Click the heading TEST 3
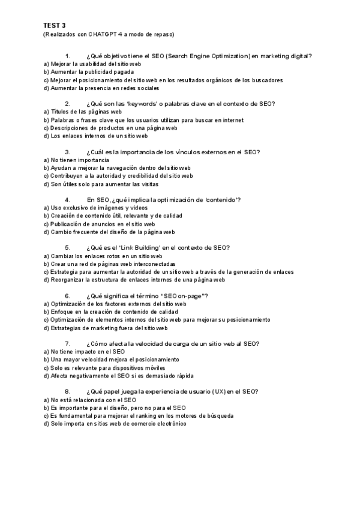pos(55,26)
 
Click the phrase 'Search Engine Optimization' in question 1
pos(209,56)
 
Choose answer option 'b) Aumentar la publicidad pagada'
pos(89,71)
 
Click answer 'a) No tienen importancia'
pos(76,160)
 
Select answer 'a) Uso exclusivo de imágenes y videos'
pos(95,208)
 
